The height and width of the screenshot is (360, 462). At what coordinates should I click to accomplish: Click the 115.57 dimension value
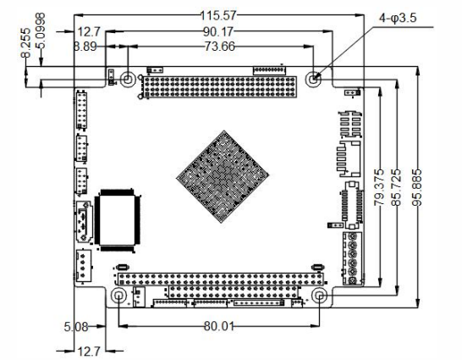click(218, 15)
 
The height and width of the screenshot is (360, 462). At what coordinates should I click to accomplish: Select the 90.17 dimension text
click(219, 32)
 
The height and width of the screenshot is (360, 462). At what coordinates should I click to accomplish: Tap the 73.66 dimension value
click(219, 47)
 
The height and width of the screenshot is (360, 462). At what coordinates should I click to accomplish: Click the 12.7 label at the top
click(88, 32)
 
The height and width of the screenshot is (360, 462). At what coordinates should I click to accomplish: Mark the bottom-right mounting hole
click(320, 296)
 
